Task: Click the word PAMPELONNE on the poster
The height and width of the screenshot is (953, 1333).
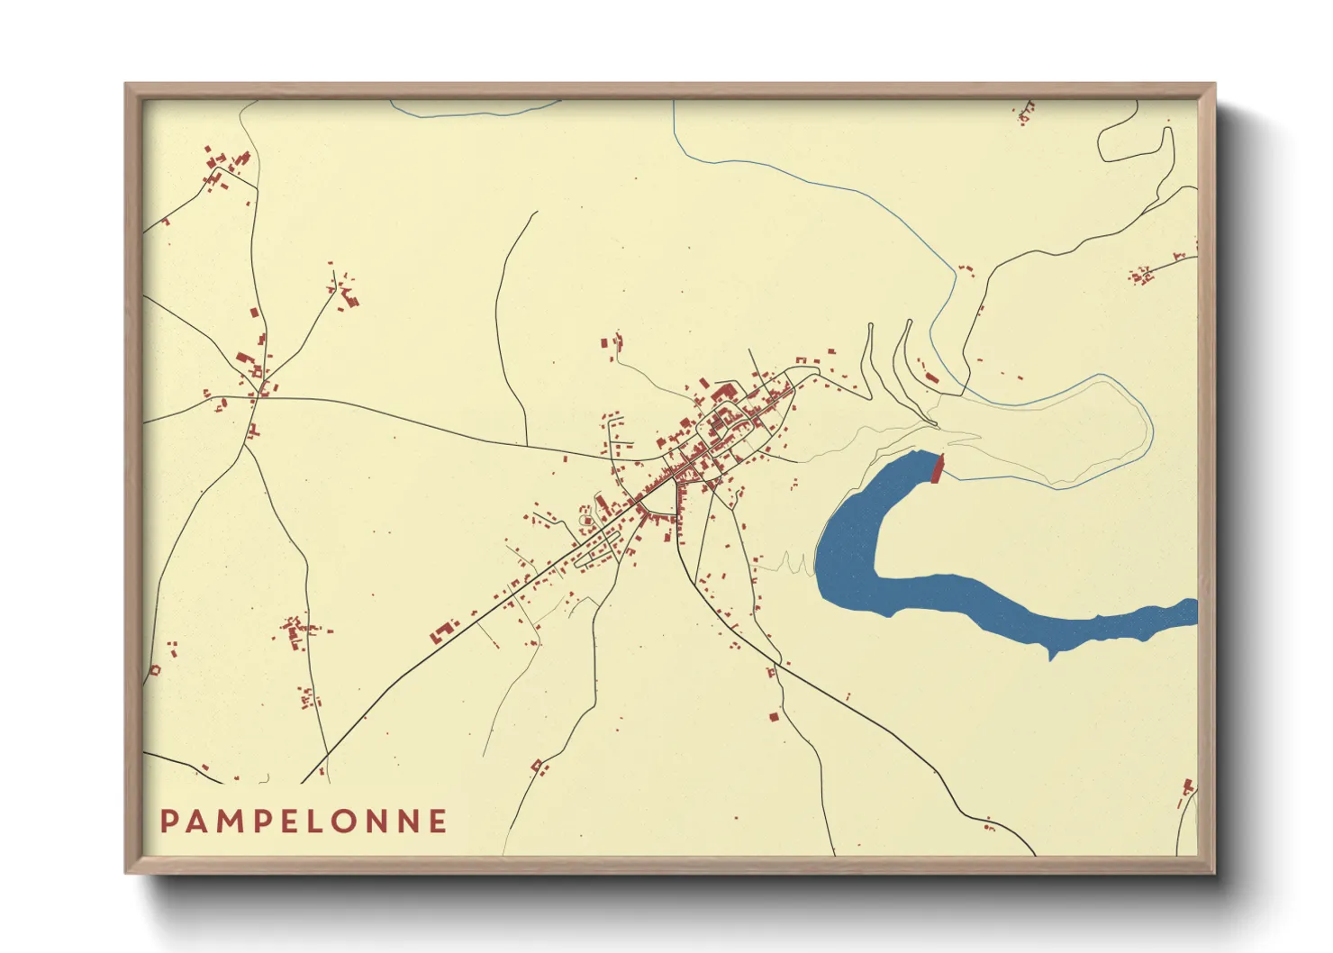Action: point(304,821)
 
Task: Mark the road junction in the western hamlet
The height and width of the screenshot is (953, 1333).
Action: point(258,395)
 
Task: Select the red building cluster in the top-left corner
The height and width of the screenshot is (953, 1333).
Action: point(225,167)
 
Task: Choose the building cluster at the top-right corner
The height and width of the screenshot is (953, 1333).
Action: point(1025,113)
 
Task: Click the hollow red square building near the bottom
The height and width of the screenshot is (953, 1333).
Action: point(538,766)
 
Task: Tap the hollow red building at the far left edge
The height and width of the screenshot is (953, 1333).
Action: point(154,670)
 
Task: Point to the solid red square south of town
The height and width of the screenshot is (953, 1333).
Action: point(773,717)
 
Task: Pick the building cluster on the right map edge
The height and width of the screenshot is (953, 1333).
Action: point(1142,274)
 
